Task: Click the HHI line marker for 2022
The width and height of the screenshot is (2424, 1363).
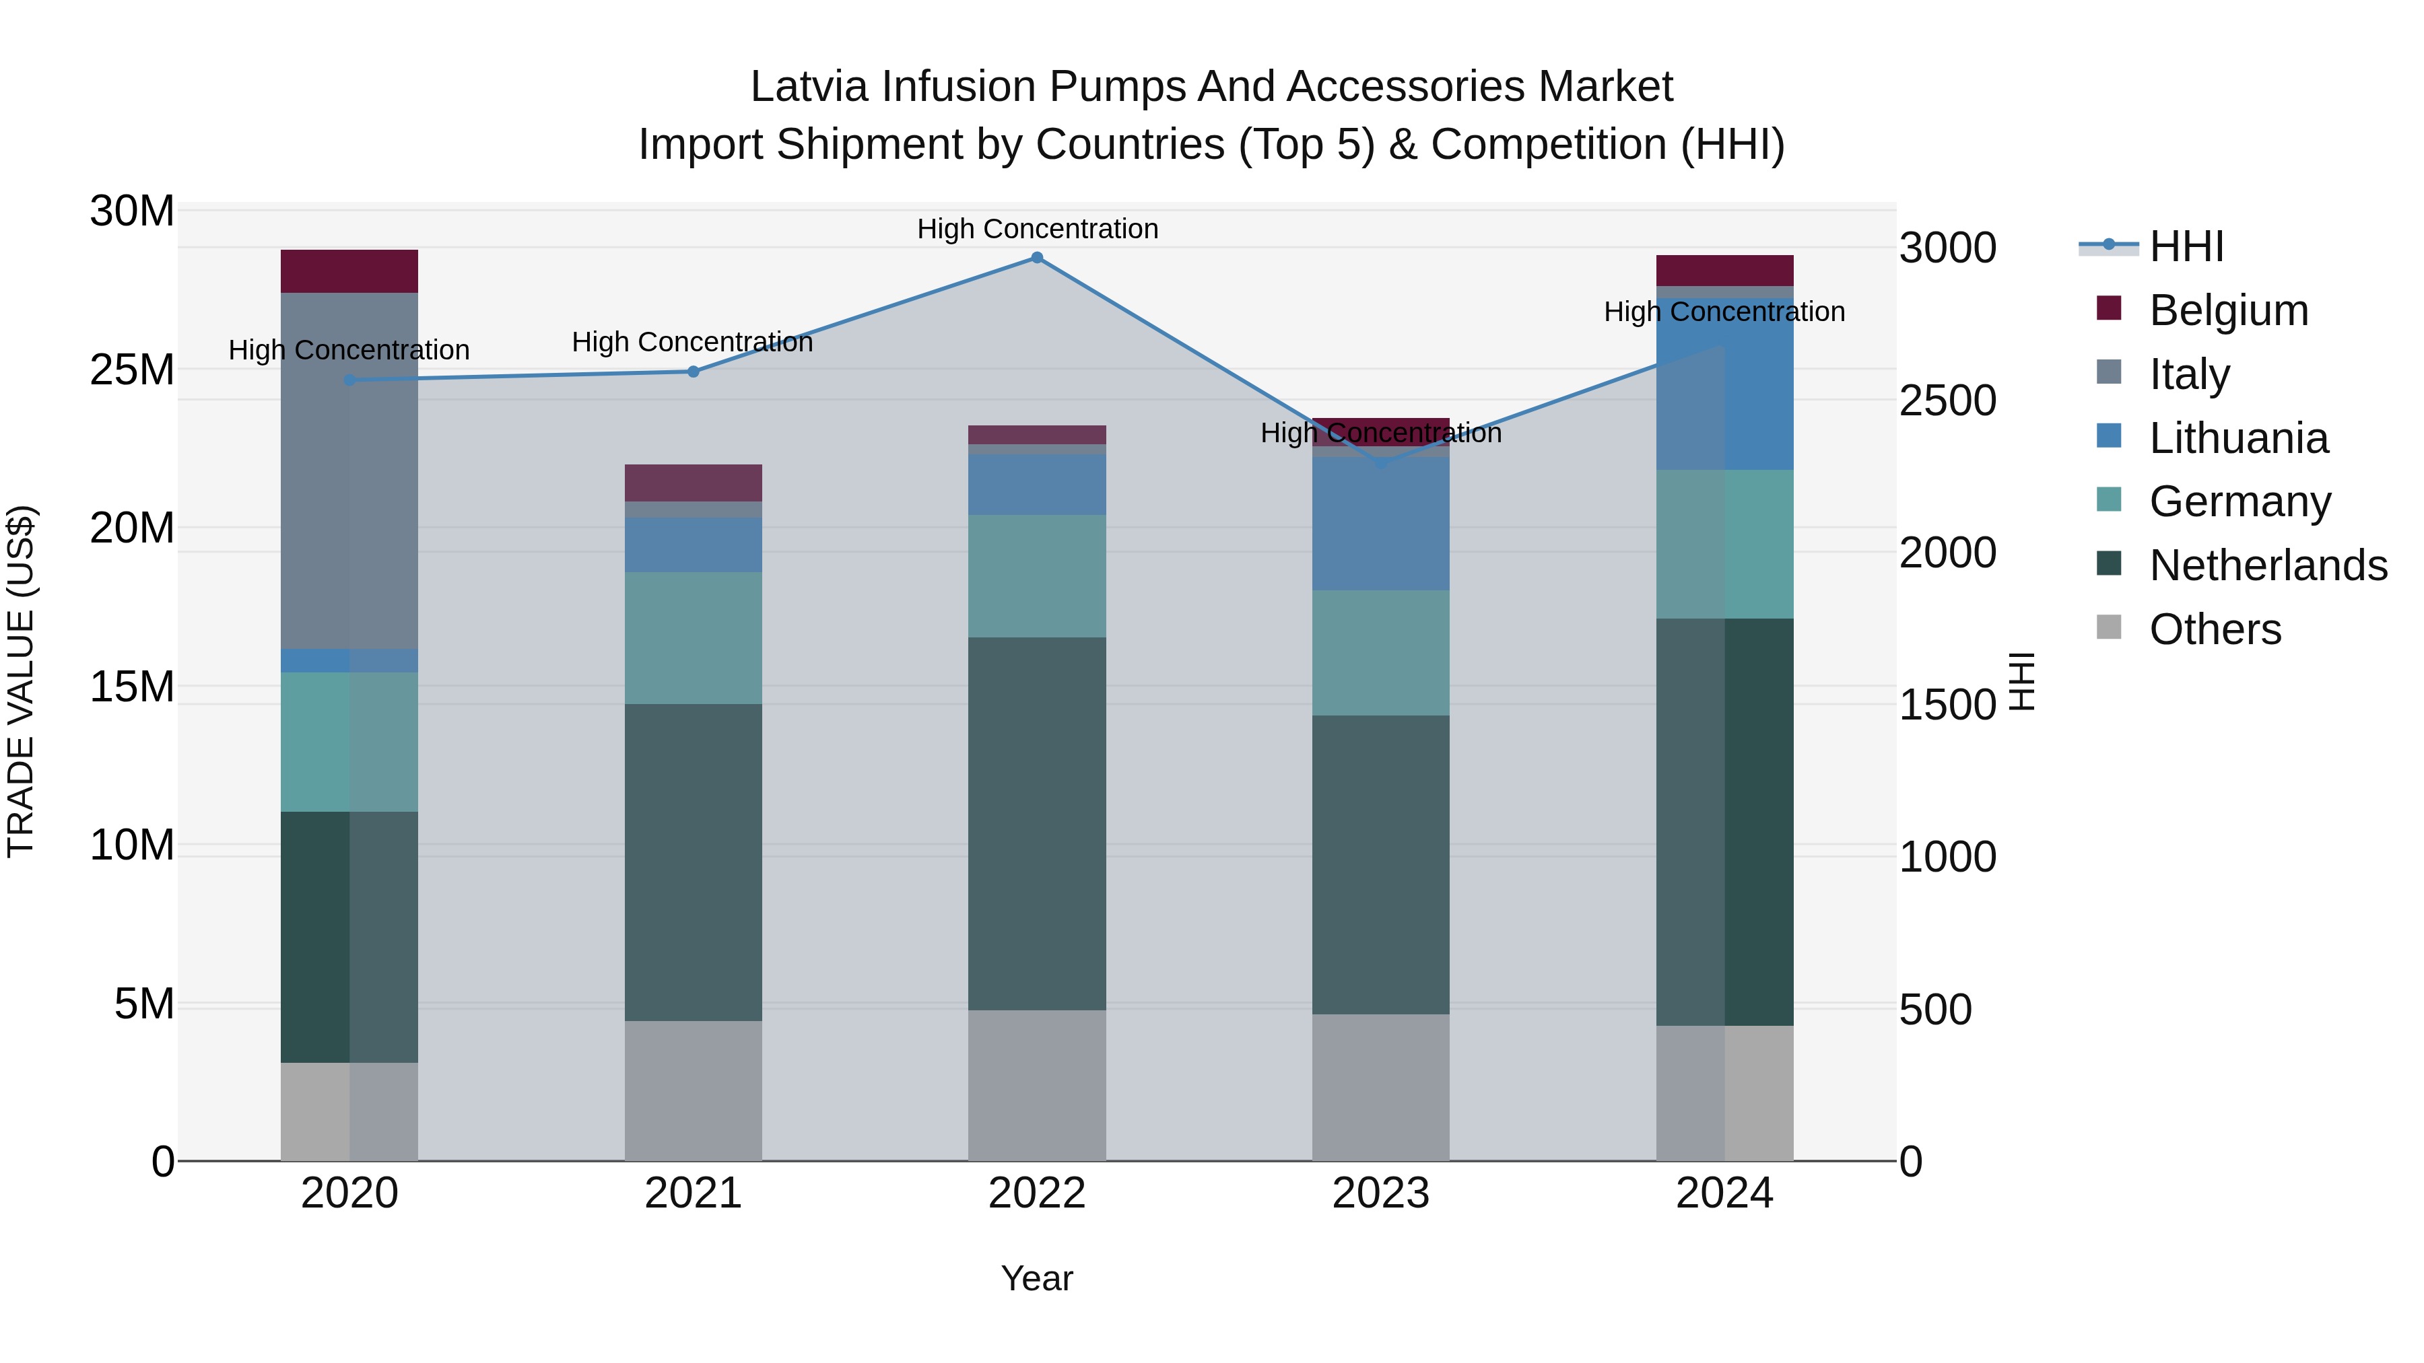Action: [1037, 258]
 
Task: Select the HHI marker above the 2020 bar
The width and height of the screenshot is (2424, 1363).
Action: [350, 380]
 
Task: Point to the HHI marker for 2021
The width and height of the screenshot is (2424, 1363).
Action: [694, 372]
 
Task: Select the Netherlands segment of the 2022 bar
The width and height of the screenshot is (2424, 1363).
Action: [1037, 823]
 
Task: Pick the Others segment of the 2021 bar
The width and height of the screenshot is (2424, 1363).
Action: [694, 1090]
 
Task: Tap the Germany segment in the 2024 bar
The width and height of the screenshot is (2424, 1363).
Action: [1725, 544]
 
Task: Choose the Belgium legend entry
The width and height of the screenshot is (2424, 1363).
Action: [2227, 310]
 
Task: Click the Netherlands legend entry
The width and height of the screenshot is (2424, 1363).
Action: [2268, 565]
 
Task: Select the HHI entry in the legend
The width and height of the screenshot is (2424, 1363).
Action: [2186, 246]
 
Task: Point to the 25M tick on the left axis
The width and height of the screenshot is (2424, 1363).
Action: [132, 370]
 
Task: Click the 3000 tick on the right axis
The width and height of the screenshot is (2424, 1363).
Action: [1947, 248]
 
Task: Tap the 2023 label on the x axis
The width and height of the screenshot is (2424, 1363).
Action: [1380, 1193]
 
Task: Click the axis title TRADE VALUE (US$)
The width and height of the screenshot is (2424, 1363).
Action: [22, 681]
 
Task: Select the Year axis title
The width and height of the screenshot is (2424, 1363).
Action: [1037, 1278]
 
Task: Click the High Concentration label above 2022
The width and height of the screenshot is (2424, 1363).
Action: [1037, 229]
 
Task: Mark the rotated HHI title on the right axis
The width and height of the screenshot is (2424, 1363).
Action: [2022, 681]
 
